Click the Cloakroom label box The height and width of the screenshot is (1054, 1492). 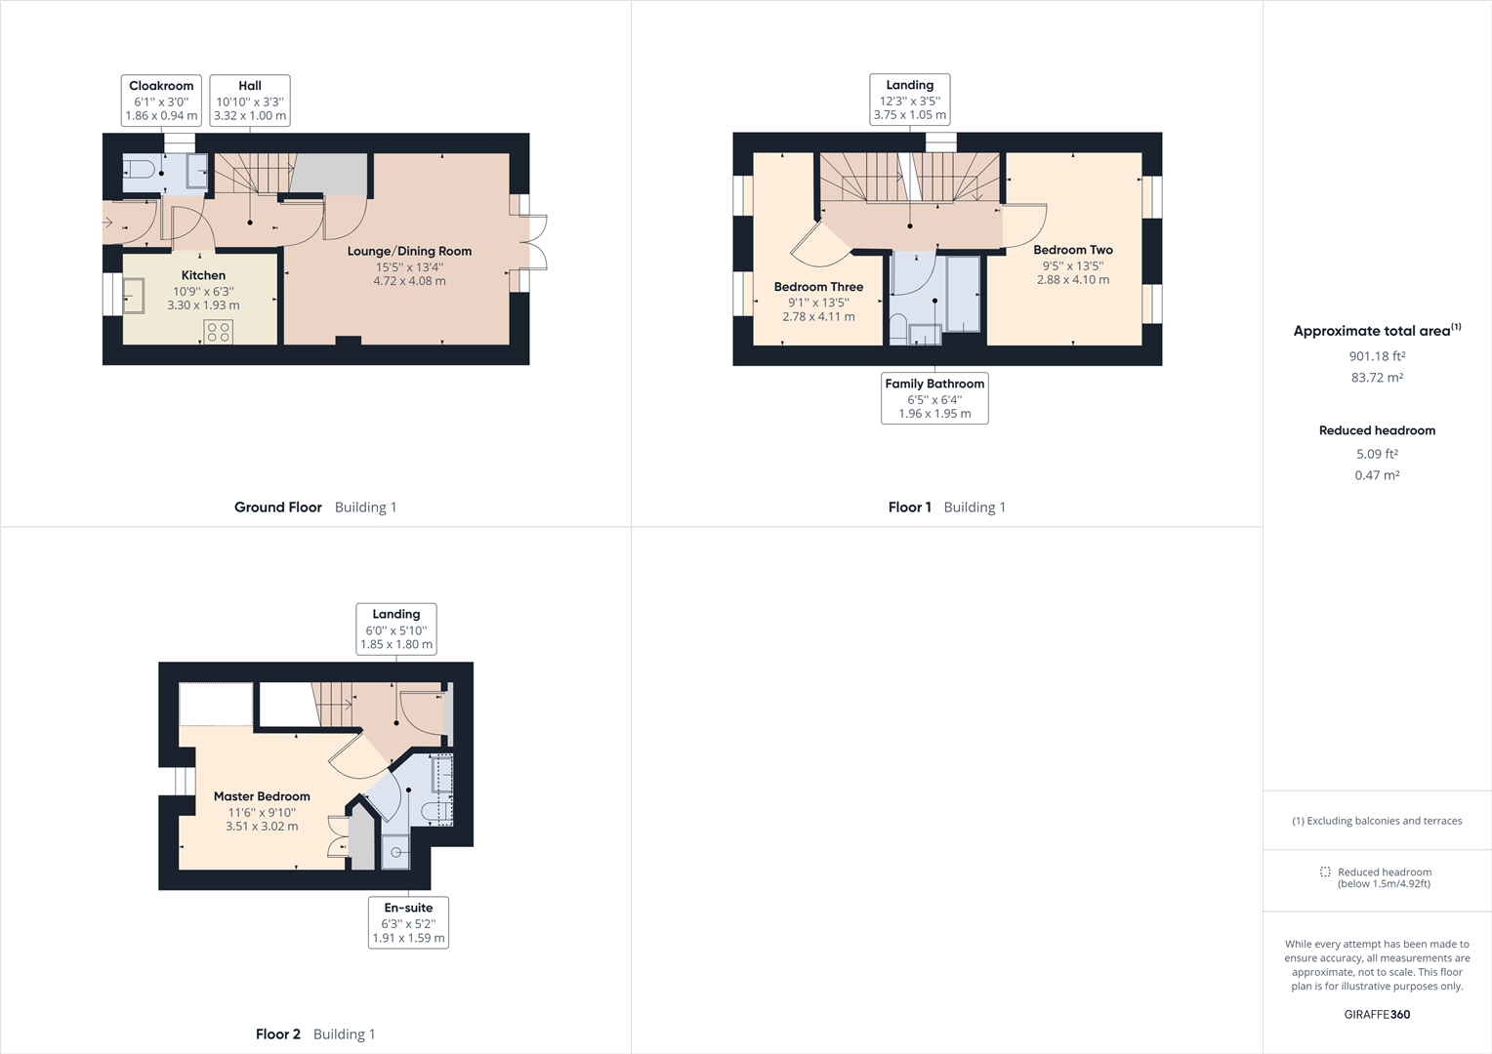161,101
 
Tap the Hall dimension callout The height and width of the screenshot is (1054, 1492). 250,101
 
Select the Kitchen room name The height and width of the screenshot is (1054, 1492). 203,275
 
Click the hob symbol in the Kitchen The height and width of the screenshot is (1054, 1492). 219,332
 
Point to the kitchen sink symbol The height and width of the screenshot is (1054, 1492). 133,295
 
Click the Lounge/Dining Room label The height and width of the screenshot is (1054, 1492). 409,251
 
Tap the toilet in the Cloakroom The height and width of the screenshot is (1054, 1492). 139,170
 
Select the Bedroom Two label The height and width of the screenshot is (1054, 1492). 1073,250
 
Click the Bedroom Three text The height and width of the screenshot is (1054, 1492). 818,287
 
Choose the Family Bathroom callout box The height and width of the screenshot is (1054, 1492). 934,398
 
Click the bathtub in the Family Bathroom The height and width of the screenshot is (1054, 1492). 963,295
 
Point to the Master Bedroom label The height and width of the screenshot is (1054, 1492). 262,796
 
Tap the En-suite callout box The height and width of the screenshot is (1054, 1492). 408,922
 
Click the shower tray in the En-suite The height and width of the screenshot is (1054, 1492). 395,852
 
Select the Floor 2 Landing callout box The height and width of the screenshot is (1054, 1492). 395,628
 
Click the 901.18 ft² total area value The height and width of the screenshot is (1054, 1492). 1377,356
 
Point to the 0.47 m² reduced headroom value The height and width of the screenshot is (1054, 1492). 1377,475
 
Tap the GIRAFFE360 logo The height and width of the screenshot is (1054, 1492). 1377,1014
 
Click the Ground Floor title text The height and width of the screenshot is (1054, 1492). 277,507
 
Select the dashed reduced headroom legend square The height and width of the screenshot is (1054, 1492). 1325,872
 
